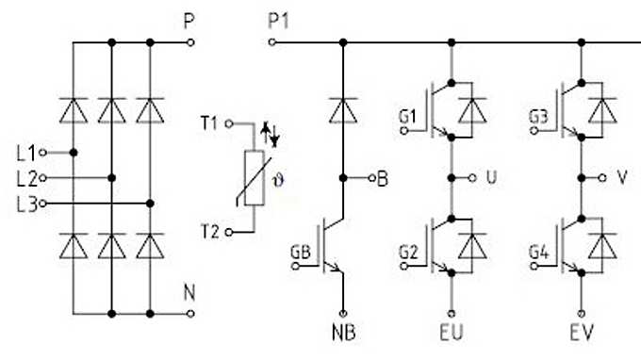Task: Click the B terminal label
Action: pos(382,176)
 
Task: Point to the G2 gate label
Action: pos(407,253)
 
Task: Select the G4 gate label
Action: pos(538,253)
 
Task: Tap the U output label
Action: pos(490,176)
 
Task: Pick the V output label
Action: pos(621,176)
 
